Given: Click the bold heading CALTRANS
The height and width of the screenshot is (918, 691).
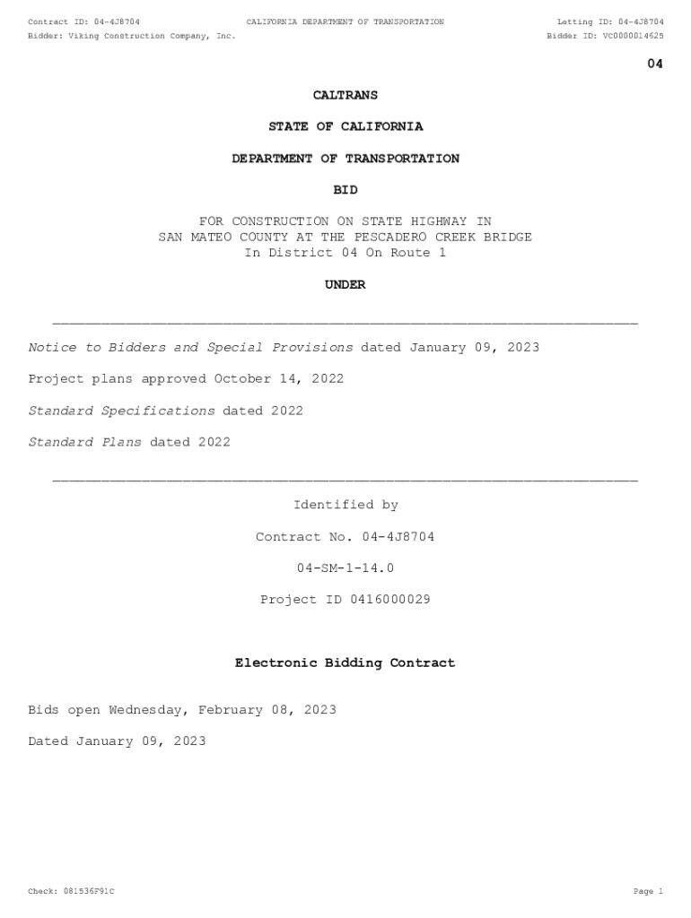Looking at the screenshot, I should pos(345,95).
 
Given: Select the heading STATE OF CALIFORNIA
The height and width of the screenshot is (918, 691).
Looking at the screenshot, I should pos(345,126).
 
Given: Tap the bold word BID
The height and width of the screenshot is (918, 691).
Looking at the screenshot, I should pos(345,190).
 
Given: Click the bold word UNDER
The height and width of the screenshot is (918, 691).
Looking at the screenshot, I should pos(345,285).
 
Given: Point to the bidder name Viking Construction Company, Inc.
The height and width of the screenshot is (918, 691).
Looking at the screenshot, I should pos(152,36).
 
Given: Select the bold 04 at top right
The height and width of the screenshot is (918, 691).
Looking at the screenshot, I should pos(655,64).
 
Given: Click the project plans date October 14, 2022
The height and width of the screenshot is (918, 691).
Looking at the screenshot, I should pos(278,379).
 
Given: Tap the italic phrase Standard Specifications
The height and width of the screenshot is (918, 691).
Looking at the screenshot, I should pos(122,411).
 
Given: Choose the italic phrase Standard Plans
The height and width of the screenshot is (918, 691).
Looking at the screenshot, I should pos(85,442).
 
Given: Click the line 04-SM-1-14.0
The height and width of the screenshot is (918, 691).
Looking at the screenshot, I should pos(345,568).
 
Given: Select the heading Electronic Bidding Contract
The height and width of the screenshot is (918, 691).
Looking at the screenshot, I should pos(345,663).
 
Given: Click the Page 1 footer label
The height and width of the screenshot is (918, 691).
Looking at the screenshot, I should pos(648,891).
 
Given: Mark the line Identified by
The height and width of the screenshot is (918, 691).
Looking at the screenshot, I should pos(345,506).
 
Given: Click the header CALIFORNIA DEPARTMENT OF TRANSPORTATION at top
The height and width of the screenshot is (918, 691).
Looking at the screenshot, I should pos(345,22).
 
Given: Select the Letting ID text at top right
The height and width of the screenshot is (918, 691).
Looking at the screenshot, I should pos(610,22).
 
